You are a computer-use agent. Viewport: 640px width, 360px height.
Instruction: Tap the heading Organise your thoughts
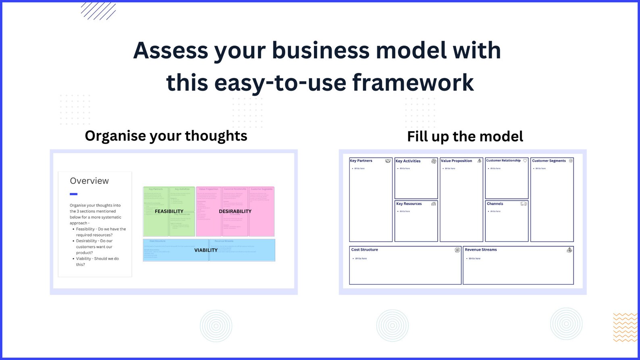pos(166,136)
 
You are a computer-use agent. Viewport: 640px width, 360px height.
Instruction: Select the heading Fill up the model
pos(465,137)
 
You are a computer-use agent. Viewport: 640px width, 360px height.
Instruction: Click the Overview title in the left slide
pos(89,181)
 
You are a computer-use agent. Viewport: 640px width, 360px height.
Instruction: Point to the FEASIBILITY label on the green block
pos(169,211)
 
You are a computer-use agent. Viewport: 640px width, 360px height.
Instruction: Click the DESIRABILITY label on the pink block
pos(235,211)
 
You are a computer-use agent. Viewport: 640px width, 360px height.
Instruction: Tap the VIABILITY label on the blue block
pos(206,250)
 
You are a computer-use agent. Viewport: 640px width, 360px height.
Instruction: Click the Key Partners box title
pos(361,161)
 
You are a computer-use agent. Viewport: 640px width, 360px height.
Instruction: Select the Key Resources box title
pos(409,204)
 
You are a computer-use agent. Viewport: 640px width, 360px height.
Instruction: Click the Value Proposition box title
pos(456,161)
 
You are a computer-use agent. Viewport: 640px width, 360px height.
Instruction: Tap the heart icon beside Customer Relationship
pos(525,161)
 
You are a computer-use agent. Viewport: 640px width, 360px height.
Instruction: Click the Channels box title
pos(495,204)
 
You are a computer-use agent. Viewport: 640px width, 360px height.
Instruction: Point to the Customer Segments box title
pos(549,161)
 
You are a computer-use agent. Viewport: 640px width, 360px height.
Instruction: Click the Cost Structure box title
pos(364,250)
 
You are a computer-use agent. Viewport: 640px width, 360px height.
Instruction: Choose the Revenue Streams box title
pos(481,250)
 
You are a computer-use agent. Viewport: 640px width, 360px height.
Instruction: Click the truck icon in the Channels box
pos(523,204)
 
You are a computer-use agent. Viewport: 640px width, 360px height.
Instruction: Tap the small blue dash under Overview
pos(73,194)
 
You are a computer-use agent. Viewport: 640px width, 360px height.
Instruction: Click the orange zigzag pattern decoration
pos(625,327)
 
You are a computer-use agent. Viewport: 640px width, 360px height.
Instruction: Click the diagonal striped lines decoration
pos(98,11)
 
